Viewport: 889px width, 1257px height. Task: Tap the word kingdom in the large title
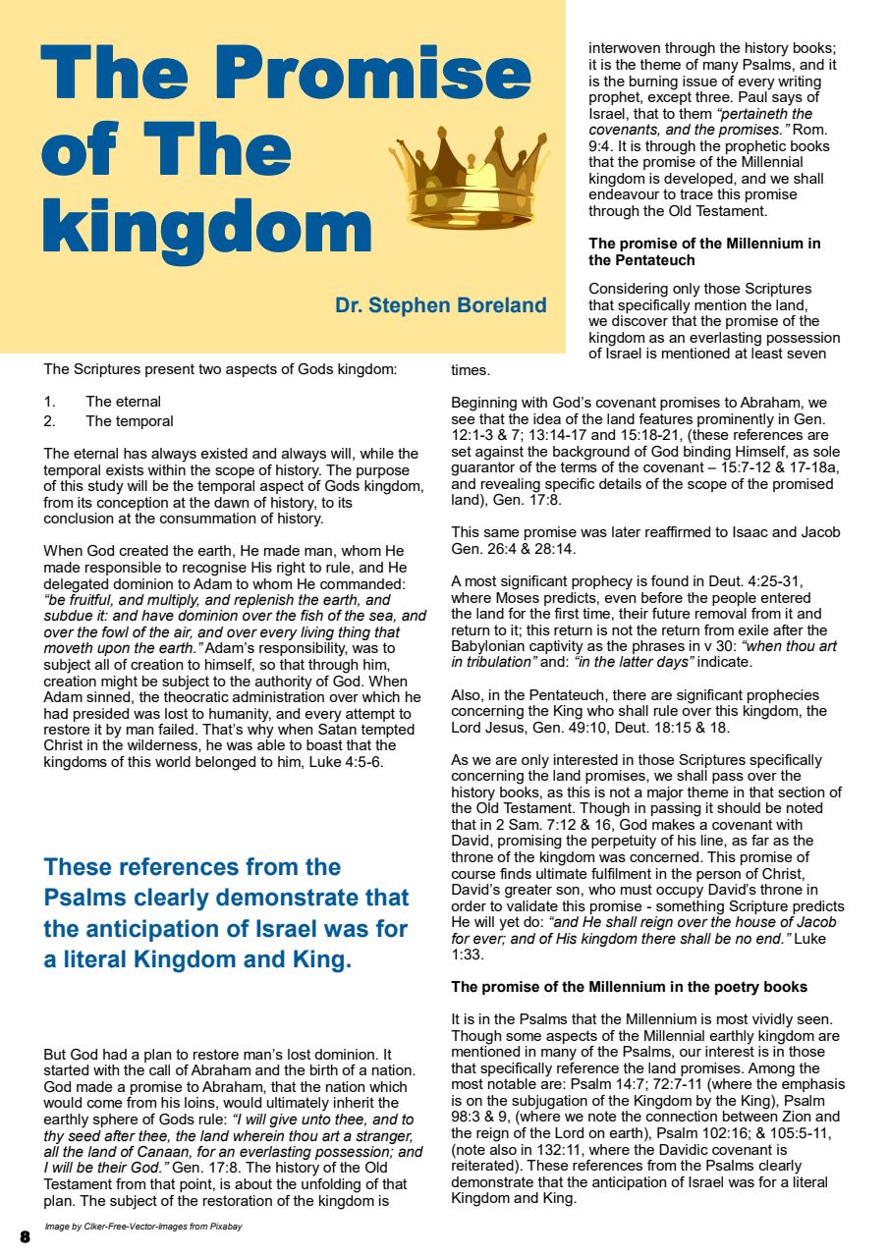tap(206, 225)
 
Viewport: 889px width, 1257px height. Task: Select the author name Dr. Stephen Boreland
tap(440, 305)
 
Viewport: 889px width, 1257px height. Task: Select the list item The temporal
tap(129, 420)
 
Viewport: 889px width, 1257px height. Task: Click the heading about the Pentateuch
tap(703, 251)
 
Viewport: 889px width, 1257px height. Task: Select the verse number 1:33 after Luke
tap(466, 954)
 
